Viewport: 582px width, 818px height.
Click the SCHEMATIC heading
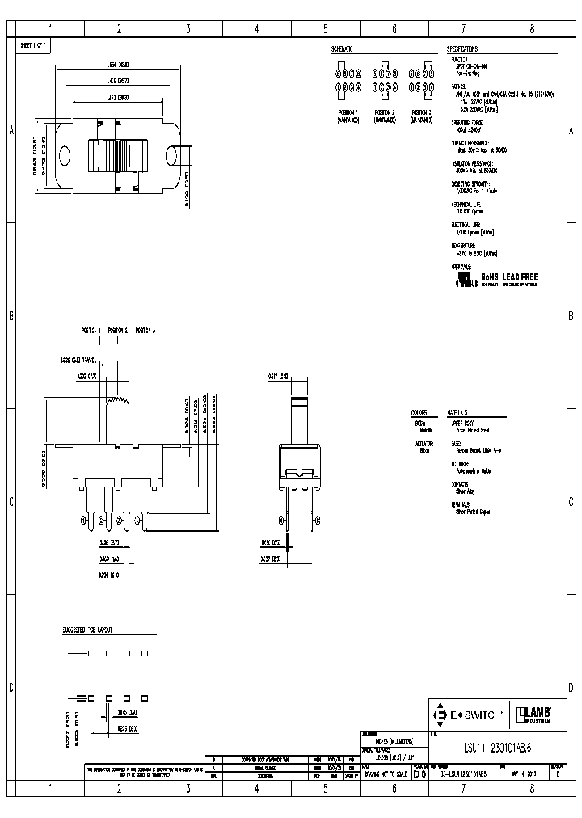(x=344, y=49)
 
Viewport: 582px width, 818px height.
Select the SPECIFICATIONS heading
(x=467, y=49)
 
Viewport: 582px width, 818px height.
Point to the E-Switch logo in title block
(x=470, y=715)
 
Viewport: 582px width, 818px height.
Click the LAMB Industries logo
(x=534, y=715)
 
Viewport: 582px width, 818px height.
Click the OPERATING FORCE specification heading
(x=467, y=122)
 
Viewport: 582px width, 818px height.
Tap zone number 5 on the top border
(x=325, y=29)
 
